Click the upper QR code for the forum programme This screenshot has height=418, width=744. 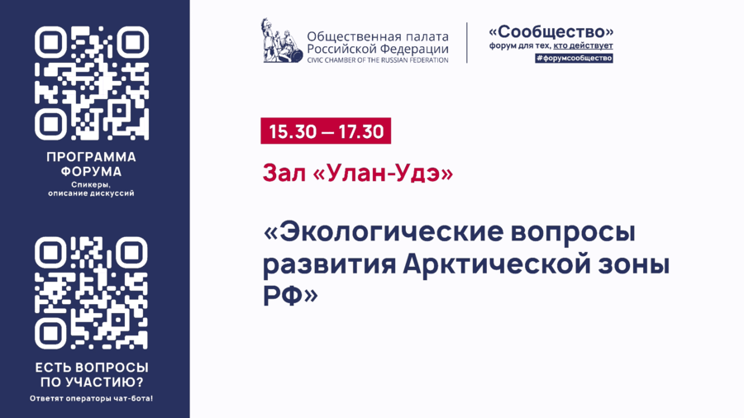(x=92, y=83)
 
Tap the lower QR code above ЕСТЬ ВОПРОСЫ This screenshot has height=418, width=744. (x=92, y=292)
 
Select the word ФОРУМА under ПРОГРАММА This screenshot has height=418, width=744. (x=92, y=172)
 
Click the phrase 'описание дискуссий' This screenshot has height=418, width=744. (x=92, y=194)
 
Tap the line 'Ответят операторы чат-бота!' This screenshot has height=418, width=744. (x=92, y=398)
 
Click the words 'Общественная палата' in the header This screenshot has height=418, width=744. (x=378, y=36)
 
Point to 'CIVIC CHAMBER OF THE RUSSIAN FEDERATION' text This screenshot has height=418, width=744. (x=377, y=59)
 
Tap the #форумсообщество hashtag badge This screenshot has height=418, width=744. (x=574, y=59)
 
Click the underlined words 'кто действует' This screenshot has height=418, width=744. (x=584, y=46)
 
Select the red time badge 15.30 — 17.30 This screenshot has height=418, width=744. (x=326, y=131)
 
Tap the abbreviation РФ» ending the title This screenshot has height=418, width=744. (x=289, y=295)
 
